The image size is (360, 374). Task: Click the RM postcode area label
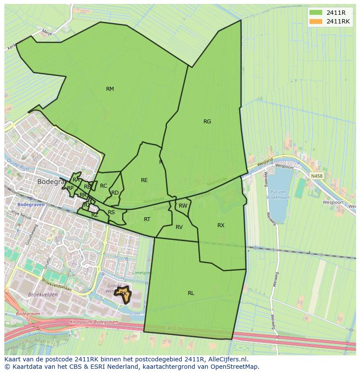click(x=110, y=89)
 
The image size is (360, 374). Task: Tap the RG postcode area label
click(x=207, y=122)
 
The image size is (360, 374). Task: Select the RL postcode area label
click(x=191, y=293)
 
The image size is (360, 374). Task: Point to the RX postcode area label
click(x=221, y=225)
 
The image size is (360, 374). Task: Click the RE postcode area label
click(x=144, y=180)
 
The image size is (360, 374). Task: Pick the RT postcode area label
click(x=147, y=219)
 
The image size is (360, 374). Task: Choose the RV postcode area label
click(x=179, y=227)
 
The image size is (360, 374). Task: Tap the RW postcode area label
click(x=183, y=206)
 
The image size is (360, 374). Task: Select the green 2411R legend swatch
click(x=316, y=13)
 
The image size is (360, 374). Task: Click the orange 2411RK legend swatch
click(x=316, y=21)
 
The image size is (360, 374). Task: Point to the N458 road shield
click(x=317, y=176)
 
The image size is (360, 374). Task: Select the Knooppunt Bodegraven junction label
click(x=90, y=322)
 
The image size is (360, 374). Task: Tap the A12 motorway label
click(x=171, y=328)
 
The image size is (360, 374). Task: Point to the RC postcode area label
click(x=103, y=186)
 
